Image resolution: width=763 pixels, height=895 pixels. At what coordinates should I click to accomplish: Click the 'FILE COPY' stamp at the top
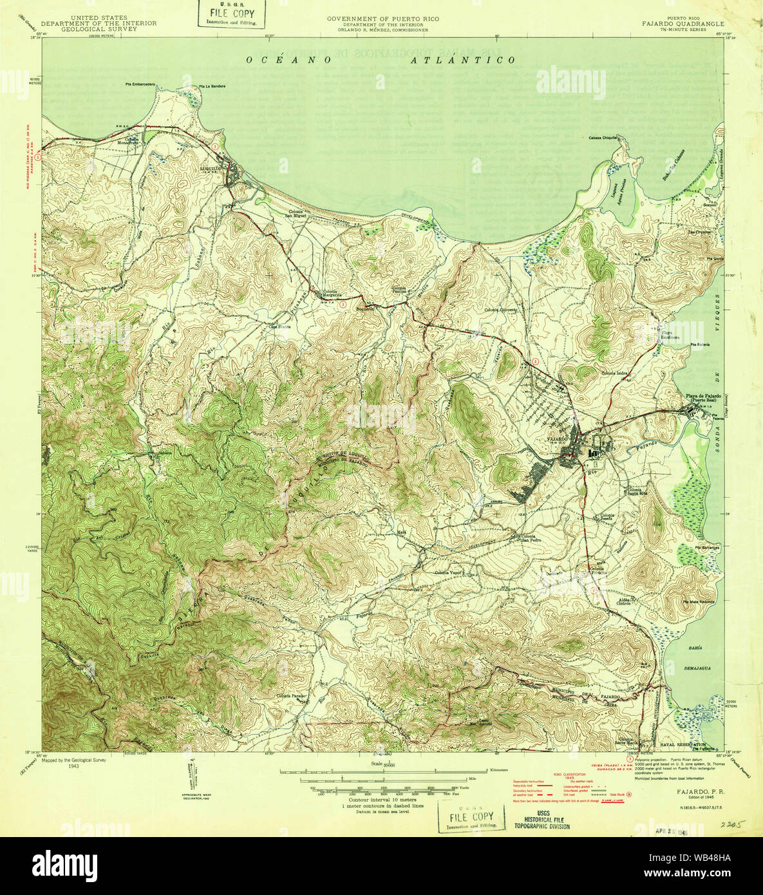pos(228,13)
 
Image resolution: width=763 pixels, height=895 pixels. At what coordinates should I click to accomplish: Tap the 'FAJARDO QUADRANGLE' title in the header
pos(683,24)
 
